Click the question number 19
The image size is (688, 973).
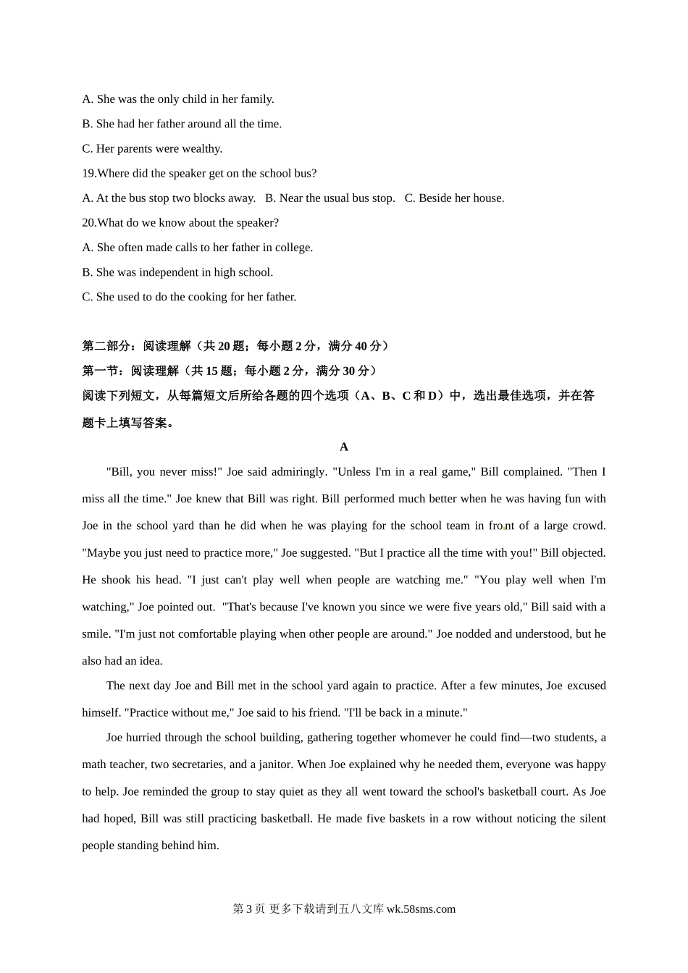88,174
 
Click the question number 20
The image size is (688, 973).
88,223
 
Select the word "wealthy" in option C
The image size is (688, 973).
201,149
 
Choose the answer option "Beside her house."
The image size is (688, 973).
454,198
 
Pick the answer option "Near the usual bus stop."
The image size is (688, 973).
330,198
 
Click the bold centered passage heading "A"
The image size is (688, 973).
344,447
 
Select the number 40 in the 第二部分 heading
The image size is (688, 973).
361,347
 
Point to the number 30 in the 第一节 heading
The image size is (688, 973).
349,371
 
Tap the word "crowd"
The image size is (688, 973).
588,526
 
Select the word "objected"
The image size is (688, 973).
583,553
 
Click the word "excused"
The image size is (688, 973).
586,686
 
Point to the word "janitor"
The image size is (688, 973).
270,765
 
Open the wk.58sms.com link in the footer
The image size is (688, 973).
421,910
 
